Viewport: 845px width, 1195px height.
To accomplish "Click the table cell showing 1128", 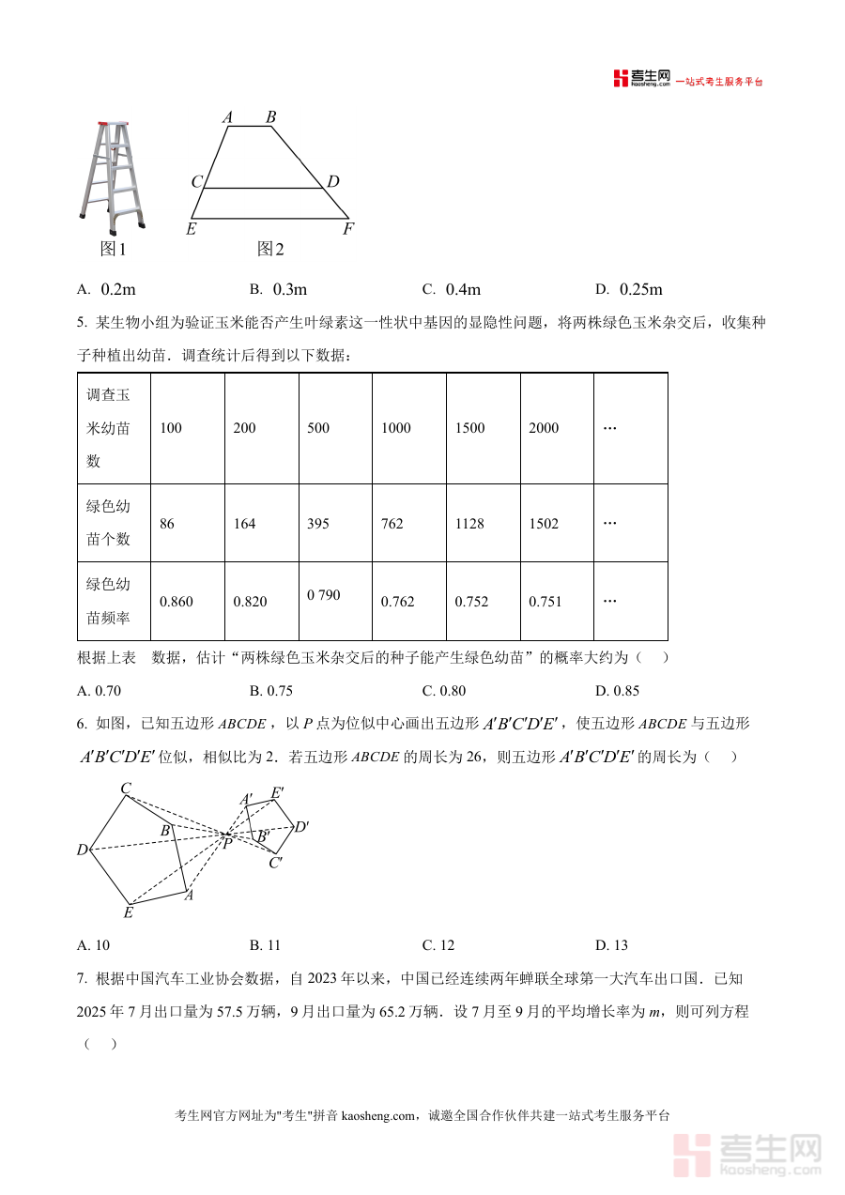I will [x=469, y=524].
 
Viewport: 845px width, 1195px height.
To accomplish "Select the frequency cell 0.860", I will [x=177, y=602].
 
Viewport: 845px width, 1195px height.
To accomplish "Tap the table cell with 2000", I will [x=544, y=428].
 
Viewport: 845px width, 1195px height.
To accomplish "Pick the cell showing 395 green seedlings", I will [x=318, y=524].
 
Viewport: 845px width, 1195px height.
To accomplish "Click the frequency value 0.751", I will [x=545, y=602].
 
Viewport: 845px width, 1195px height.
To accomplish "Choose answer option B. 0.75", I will [x=271, y=691].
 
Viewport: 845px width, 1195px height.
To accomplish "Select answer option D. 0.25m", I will [x=628, y=289].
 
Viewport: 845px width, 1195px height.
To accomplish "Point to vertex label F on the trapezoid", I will [x=348, y=228].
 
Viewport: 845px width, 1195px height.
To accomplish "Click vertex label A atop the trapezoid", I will [x=227, y=117].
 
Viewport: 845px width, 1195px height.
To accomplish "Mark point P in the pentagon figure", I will [x=226, y=843].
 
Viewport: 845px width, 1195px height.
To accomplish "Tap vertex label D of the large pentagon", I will [x=83, y=850].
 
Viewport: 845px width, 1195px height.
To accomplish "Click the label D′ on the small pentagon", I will [x=301, y=827].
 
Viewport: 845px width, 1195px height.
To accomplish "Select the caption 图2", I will [x=270, y=249].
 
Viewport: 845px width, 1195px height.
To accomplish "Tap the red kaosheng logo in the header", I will [x=621, y=79].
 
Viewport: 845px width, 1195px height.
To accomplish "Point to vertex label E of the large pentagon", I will [x=129, y=912].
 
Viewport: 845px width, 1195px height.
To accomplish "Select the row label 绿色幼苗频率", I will [x=108, y=601].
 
